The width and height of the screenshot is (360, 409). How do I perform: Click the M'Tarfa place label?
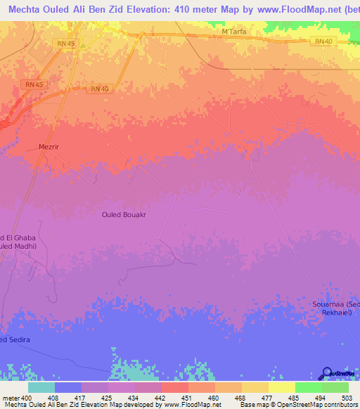tap(233, 32)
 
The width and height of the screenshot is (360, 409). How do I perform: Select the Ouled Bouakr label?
tap(127, 216)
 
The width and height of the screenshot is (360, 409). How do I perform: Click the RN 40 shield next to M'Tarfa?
tap(323, 42)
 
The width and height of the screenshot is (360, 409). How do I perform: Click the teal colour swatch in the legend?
tap(41, 387)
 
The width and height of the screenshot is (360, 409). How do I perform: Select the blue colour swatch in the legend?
tap(67, 387)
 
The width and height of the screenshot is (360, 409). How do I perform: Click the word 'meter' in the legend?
tap(10, 397)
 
